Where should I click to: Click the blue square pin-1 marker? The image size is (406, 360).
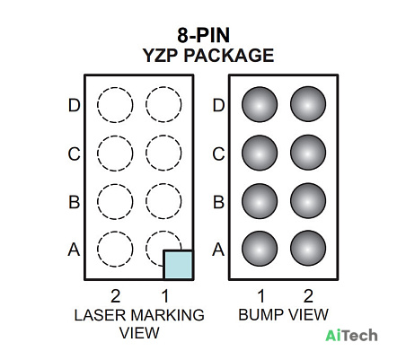click(x=179, y=265)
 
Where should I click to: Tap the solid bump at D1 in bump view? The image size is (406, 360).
click(x=260, y=105)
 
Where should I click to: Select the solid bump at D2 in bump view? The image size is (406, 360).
click(x=308, y=104)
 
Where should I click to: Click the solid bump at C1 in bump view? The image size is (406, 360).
click(x=260, y=153)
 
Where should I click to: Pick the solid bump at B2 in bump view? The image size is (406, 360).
click(x=308, y=201)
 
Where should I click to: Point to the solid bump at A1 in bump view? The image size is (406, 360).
click(x=260, y=249)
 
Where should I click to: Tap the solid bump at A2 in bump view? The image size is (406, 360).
click(x=308, y=248)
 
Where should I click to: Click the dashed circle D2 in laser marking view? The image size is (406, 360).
click(x=115, y=87)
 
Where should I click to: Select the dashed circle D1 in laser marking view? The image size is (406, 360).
click(x=163, y=87)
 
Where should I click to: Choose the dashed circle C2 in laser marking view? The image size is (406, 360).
click(x=115, y=136)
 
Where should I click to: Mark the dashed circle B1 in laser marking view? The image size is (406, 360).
click(x=163, y=184)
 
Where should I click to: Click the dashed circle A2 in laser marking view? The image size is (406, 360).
click(x=115, y=232)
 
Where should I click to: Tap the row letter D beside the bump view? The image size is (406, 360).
click(x=218, y=105)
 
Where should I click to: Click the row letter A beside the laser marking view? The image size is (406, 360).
click(x=74, y=250)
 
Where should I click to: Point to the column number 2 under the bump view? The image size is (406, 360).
click(x=308, y=296)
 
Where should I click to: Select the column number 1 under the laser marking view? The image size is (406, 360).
click(x=165, y=296)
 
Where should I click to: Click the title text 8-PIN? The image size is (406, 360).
click(x=204, y=35)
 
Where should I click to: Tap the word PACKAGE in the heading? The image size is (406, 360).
click(x=228, y=56)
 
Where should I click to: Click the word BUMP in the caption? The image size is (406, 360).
click(x=260, y=315)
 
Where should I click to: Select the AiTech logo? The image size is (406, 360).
click(x=351, y=335)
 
